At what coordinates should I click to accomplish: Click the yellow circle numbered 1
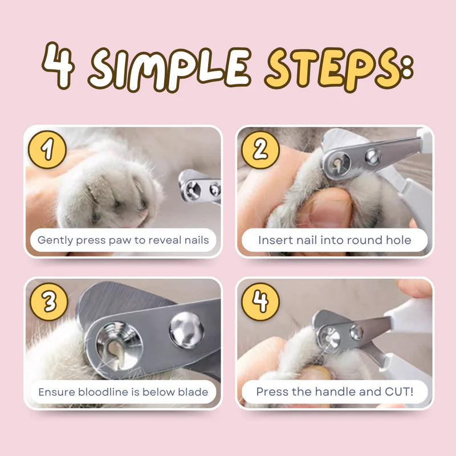coord(47,150)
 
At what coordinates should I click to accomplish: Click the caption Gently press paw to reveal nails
coord(123,240)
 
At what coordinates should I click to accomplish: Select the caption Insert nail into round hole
coord(335,240)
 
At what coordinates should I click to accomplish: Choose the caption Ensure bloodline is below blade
coord(123,392)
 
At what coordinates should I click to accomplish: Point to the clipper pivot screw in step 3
coord(186,330)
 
